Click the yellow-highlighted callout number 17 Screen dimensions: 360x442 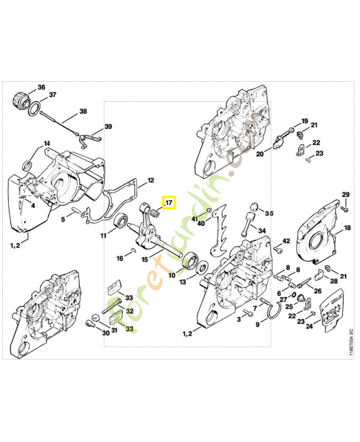(170, 202)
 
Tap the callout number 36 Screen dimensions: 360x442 (41, 87)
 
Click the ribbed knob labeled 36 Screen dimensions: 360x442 (21, 99)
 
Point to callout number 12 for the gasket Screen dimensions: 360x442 (151, 180)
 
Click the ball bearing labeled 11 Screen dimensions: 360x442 (121, 220)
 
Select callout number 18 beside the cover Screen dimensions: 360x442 (347, 228)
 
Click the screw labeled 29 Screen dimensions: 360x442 (344, 209)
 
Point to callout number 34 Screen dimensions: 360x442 (262, 230)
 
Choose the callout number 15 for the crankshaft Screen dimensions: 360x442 (145, 259)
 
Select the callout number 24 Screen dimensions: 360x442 (309, 326)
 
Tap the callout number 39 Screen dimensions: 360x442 (108, 127)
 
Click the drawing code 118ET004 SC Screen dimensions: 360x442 (351, 342)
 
